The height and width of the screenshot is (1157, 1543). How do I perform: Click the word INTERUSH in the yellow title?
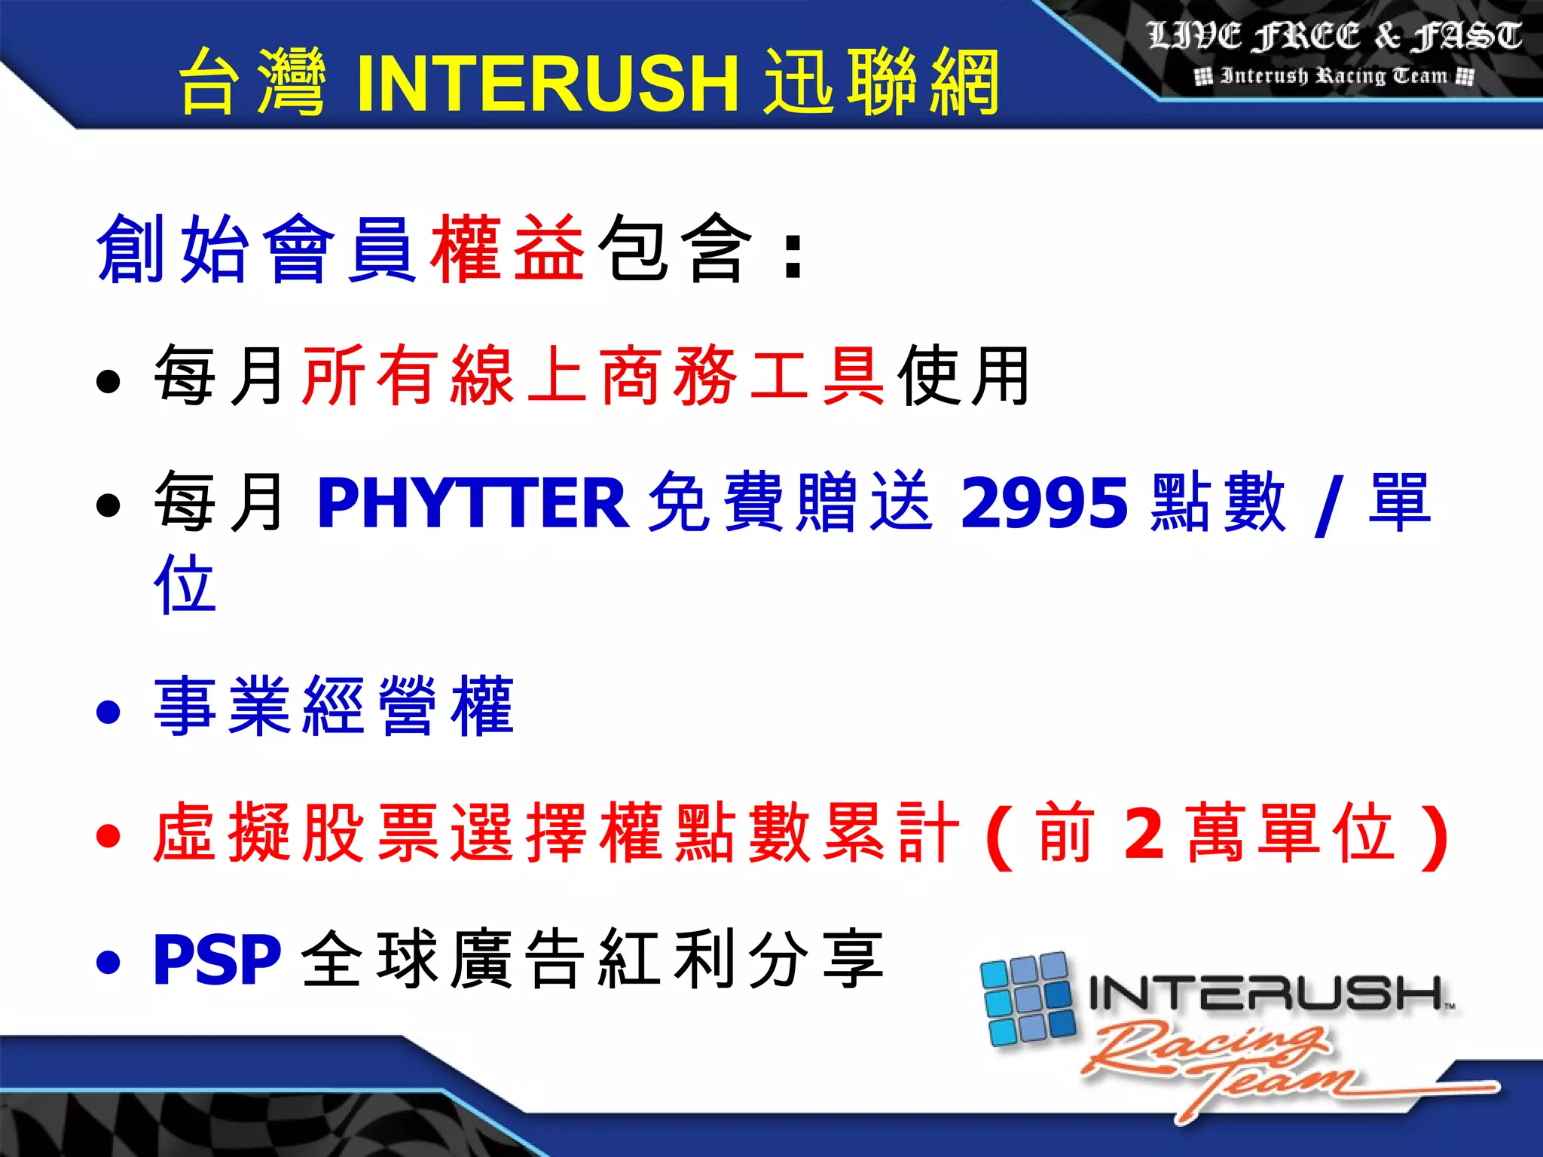(x=548, y=83)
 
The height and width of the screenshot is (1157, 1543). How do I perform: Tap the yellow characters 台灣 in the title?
(x=253, y=83)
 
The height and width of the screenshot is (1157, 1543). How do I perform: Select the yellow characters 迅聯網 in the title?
(x=881, y=83)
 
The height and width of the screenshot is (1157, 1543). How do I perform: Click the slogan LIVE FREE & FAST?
(x=1334, y=36)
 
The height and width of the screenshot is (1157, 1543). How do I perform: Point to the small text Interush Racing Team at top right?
(x=1334, y=76)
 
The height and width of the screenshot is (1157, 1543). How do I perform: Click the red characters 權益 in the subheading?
(x=508, y=249)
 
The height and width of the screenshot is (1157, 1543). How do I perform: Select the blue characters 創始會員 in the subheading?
(x=256, y=249)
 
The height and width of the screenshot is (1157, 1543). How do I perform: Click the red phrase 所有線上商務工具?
(x=593, y=375)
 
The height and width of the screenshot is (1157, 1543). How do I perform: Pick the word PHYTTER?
(x=473, y=502)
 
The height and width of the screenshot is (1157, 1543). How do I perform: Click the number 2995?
(x=1044, y=502)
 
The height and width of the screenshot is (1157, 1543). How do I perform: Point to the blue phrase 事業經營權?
(x=334, y=707)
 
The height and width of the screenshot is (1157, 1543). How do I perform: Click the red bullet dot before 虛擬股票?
(x=108, y=835)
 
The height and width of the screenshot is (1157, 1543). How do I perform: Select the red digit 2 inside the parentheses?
(x=1144, y=834)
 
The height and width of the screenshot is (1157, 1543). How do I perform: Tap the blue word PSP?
(x=217, y=960)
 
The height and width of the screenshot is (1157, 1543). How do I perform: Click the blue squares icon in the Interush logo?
(x=1027, y=1000)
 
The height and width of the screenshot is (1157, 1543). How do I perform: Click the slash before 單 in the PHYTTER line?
(x=1327, y=505)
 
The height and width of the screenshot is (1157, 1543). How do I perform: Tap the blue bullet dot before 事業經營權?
(x=108, y=711)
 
